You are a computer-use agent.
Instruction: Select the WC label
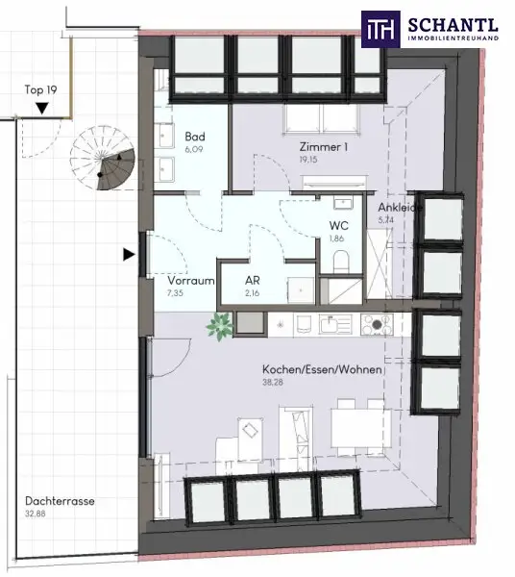point(338,226)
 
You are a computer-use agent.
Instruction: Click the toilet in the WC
point(338,261)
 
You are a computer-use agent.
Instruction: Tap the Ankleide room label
point(398,207)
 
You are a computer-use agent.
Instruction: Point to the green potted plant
point(220,325)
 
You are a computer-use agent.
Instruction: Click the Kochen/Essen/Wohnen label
point(322,370)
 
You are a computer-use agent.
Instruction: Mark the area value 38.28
point(276,383)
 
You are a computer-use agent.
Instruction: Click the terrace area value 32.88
point(39,514)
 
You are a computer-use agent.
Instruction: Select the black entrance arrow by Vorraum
point(128,255)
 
